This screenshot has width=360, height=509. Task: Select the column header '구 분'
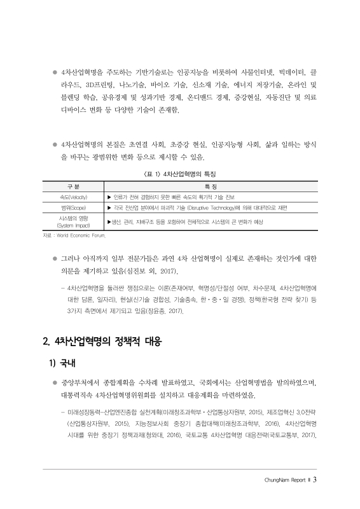coord(73,186)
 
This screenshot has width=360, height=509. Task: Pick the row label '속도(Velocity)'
coord(73,197)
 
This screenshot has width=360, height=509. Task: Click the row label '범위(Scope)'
coord(73,208)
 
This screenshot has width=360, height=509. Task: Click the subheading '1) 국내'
coord(62,365)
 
